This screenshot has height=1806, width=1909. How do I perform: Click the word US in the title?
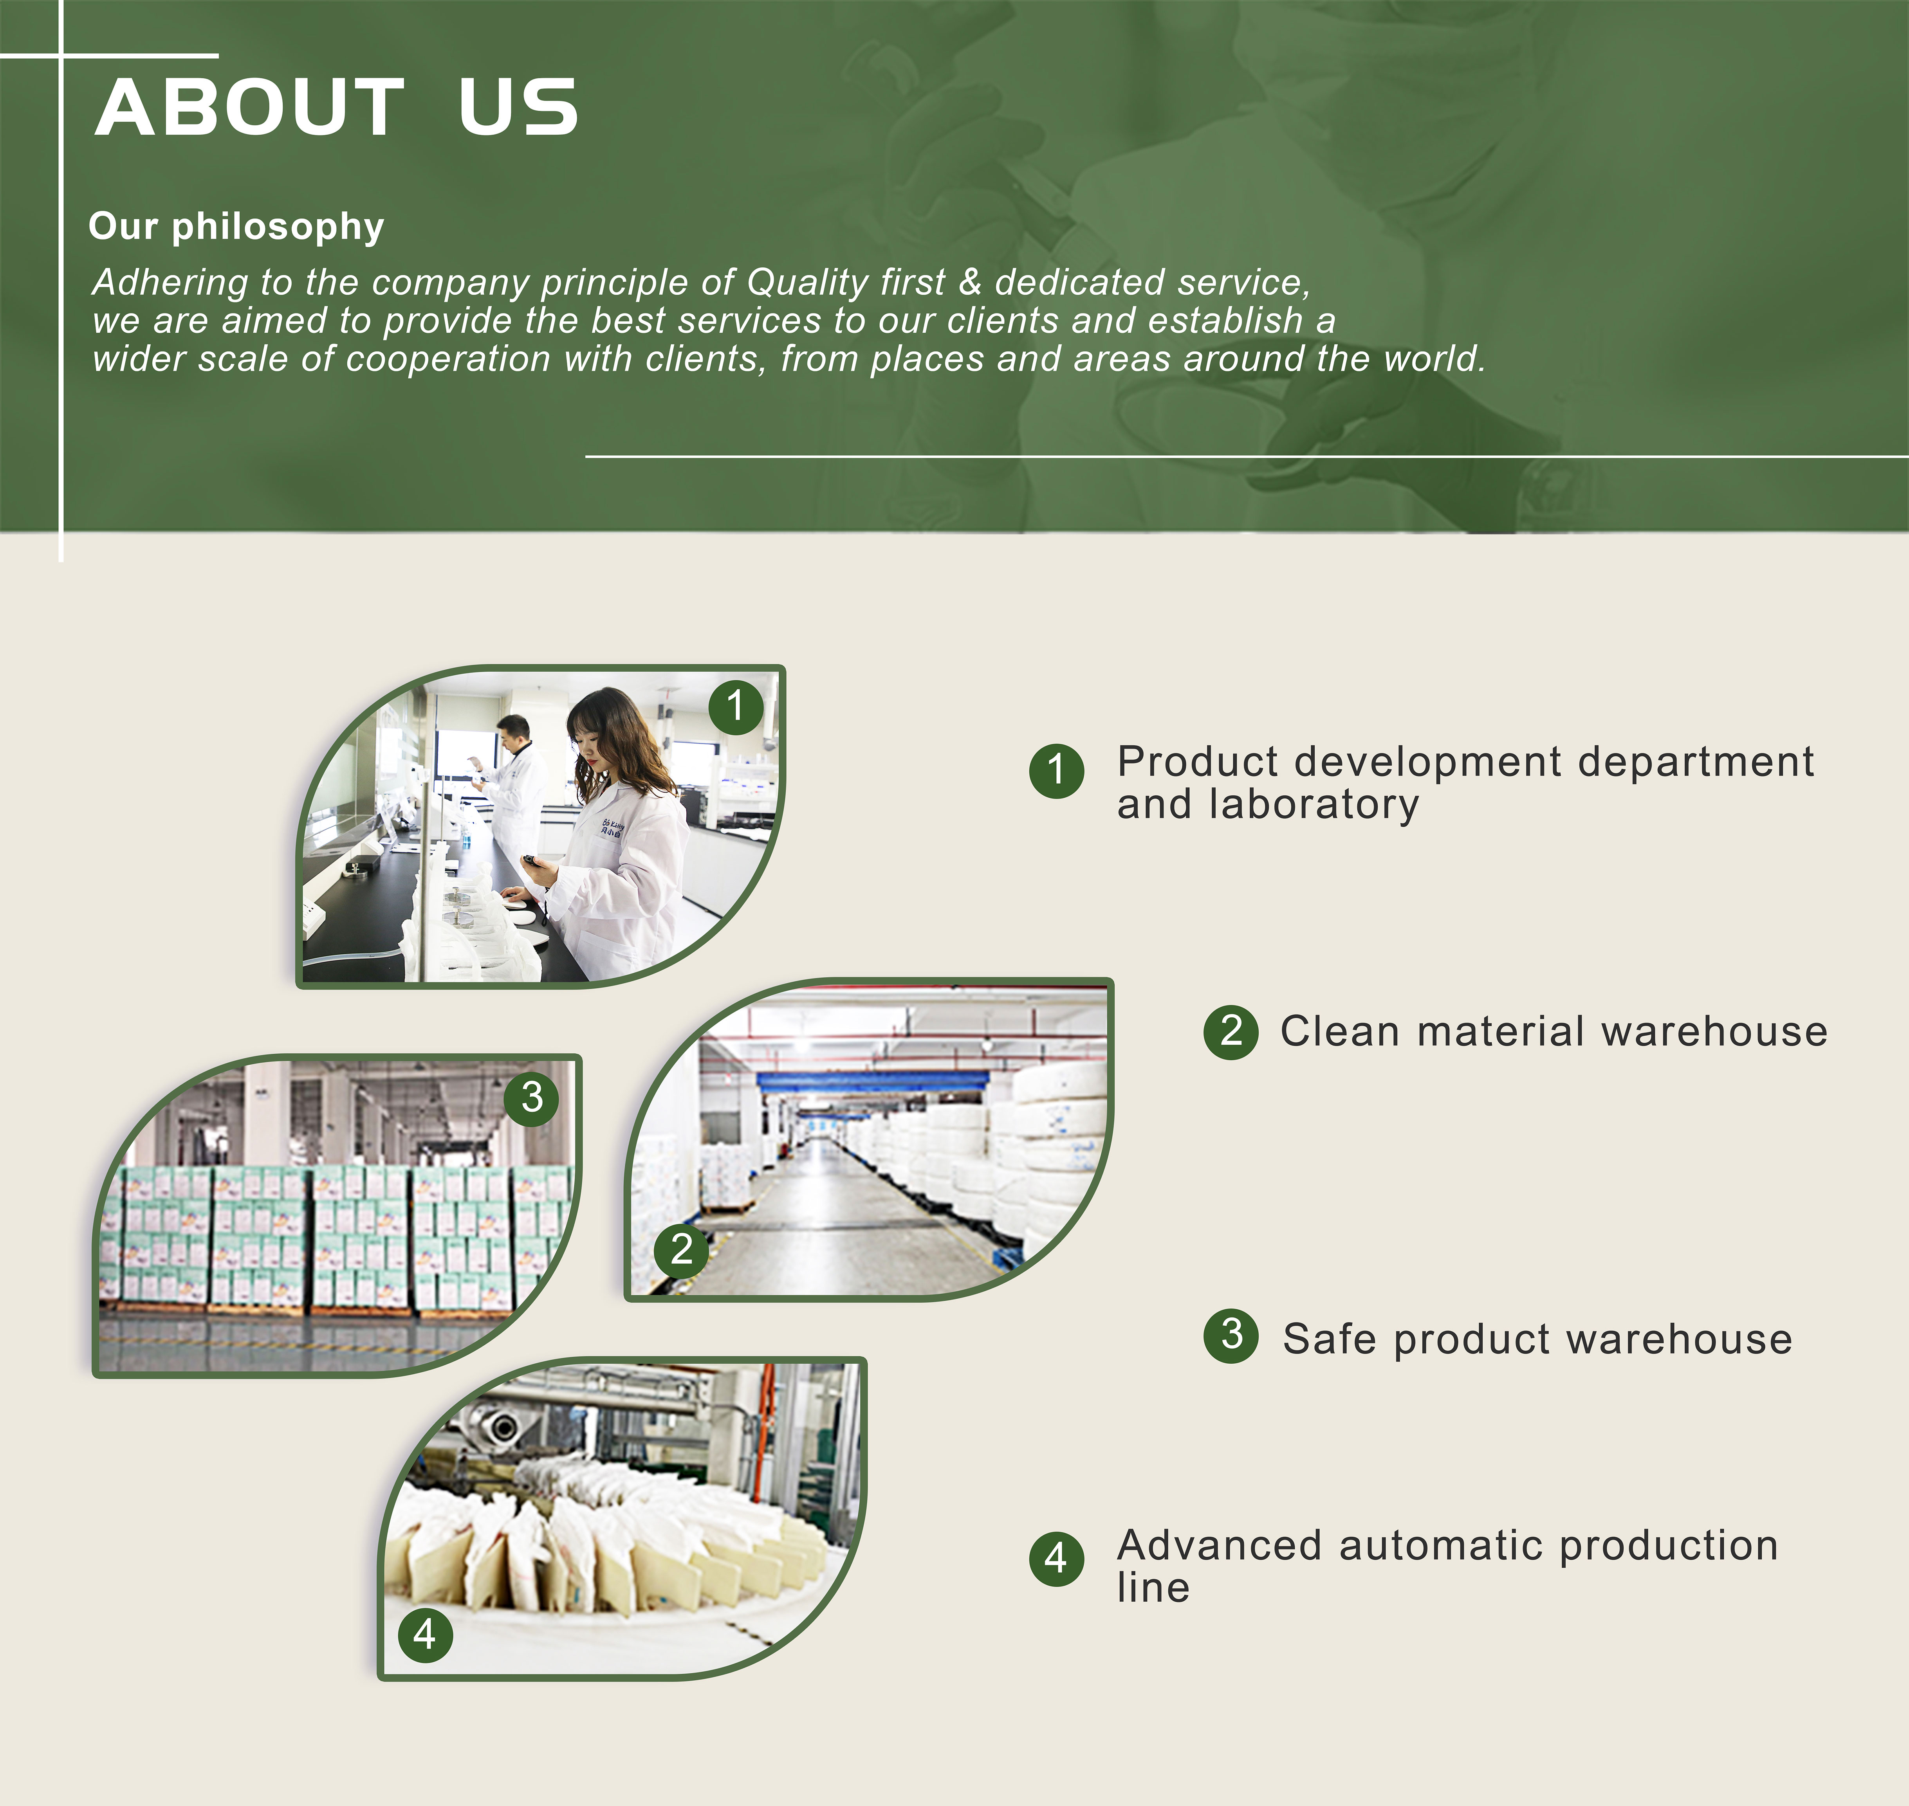pos(518,108)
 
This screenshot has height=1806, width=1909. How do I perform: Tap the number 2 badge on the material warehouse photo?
pos(682,1249)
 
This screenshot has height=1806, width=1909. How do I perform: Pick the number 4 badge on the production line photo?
pos(424,1635)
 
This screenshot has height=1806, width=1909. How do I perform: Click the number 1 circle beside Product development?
pos(1056,770)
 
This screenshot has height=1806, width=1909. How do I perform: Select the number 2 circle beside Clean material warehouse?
pos(1230,1032)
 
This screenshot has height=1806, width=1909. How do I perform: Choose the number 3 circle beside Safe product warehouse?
pos(1230,1335)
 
